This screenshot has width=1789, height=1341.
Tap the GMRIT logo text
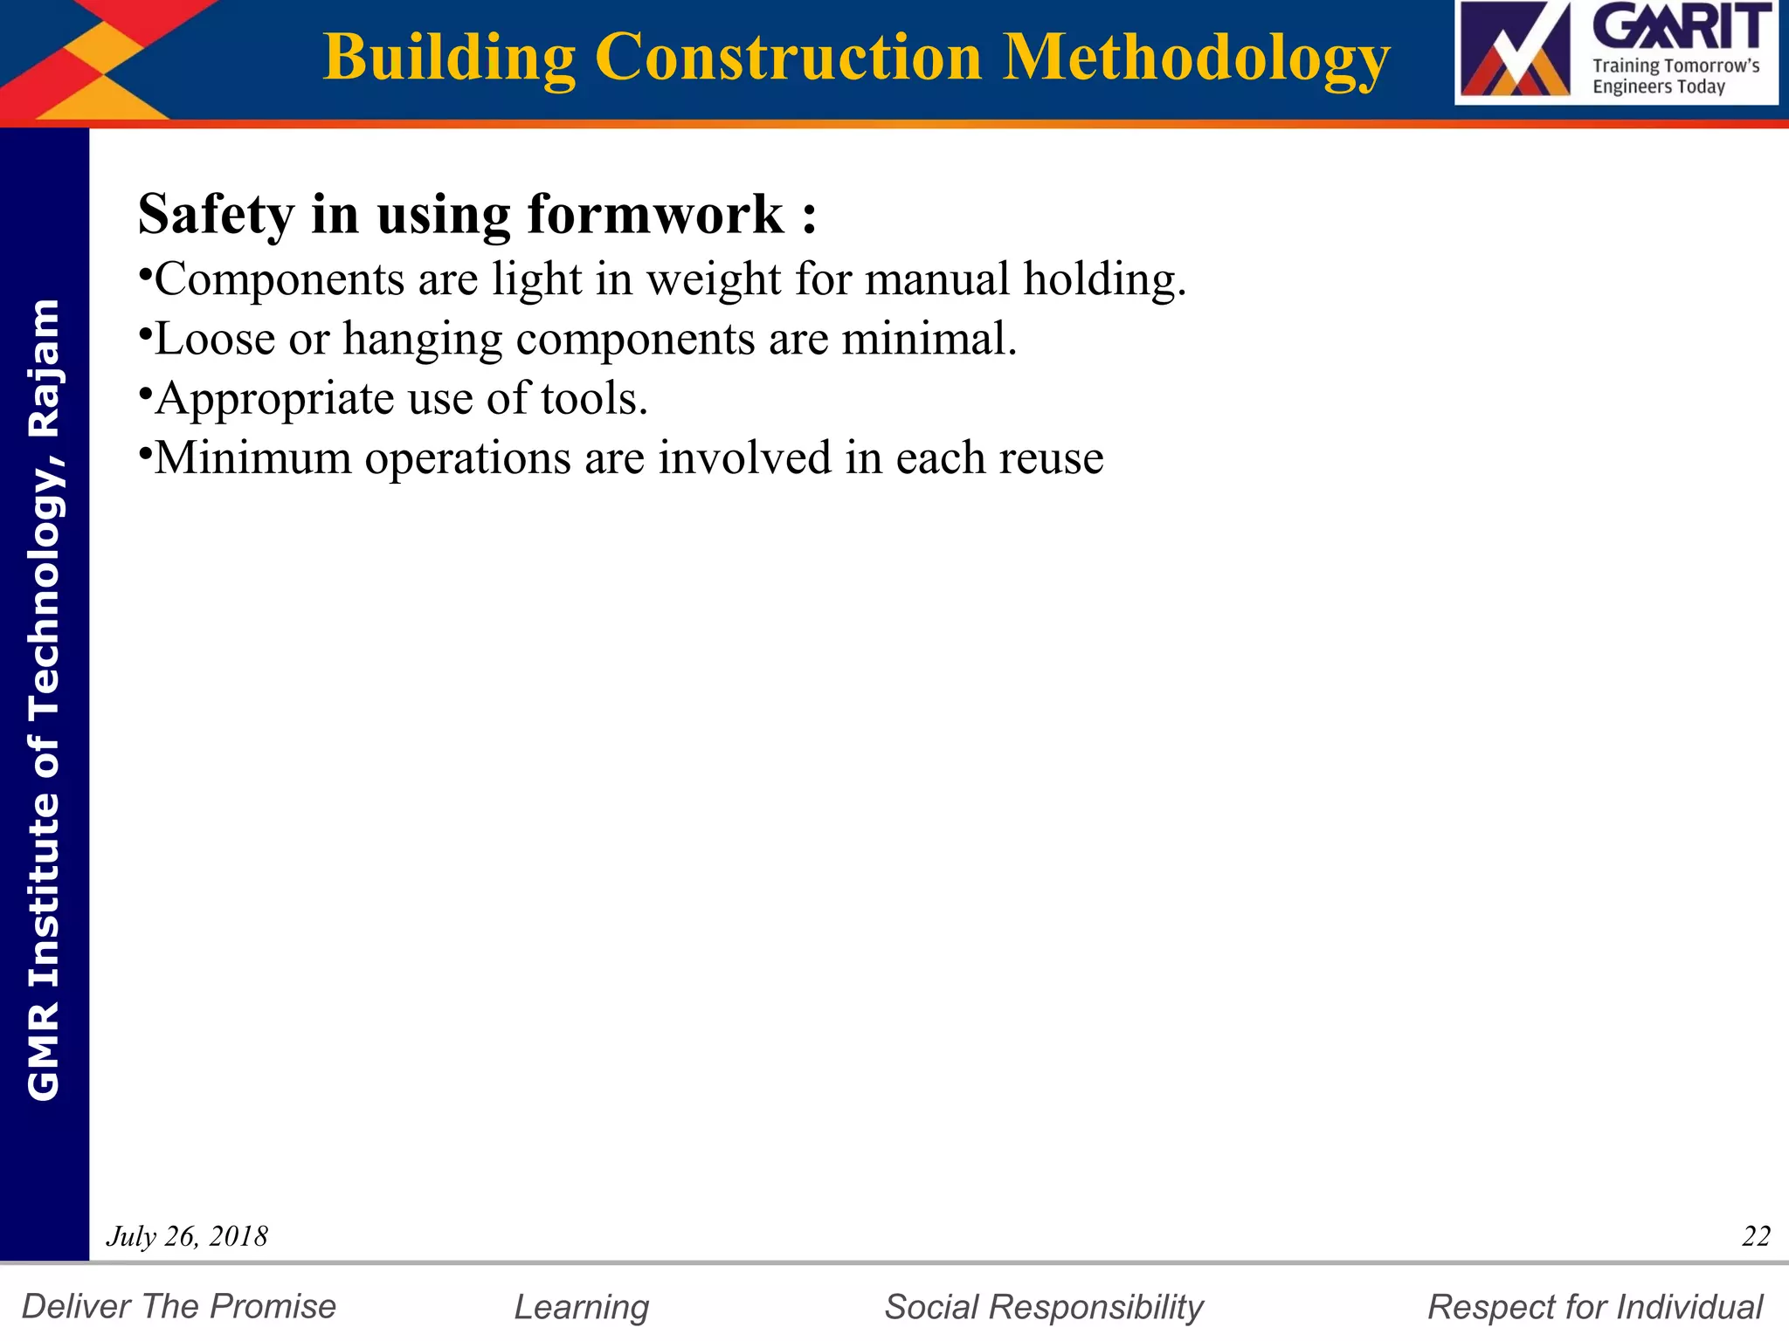pos(1682,28)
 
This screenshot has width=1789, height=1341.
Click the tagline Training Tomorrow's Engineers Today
pos(1675,76)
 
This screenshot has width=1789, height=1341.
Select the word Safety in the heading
pos(216,215)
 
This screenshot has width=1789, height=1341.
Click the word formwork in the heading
pos(655,215)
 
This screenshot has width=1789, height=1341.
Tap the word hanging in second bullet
pos(422,340)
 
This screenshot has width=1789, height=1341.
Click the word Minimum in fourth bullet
pos(253,457)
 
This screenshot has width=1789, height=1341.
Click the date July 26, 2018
pos(187,1236)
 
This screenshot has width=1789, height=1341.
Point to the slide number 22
pos(1756,1236)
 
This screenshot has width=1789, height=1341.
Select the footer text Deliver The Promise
pos(179,1307)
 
